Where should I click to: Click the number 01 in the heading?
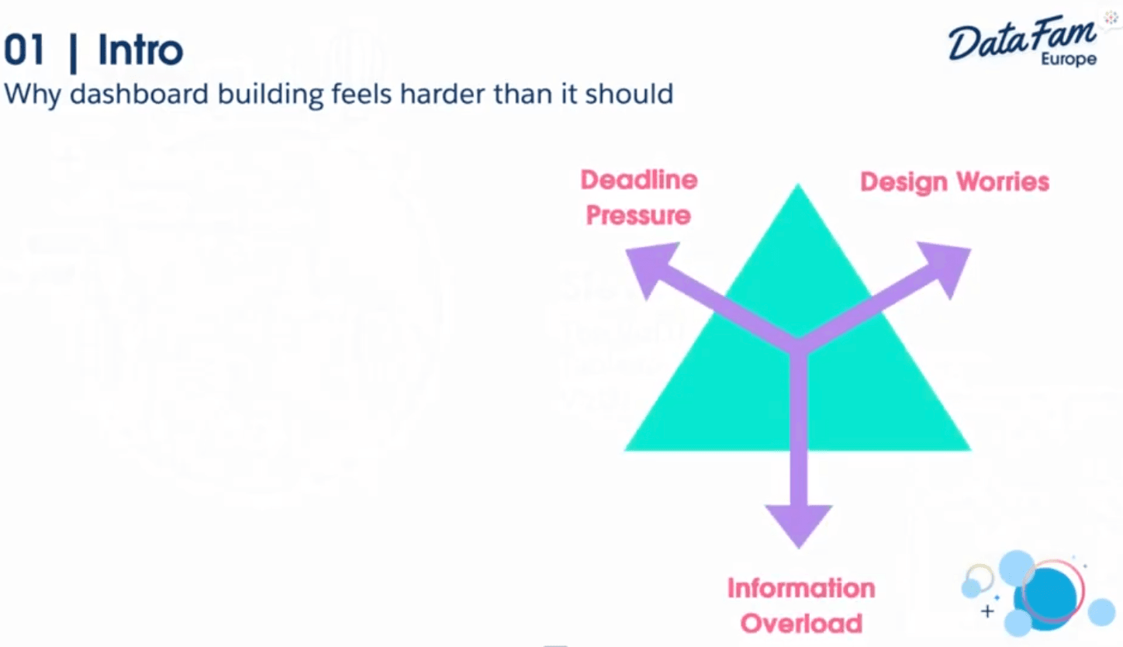pyautogui.click(x=24, y=51)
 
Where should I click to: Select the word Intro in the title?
pyautogui.click(x=140, y=51)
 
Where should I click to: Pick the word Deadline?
pyautogui.click(x=639, y=180)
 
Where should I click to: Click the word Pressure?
pyautogui.click(x=638, y=215)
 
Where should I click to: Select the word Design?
pyautogui.click(x=904, y=182)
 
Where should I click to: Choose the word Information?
pyautogui.click(x=801, y=588)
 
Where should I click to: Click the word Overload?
pyautogui.click(x=801, y=623)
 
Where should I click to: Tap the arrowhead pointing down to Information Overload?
pyautogui.click(x=799, y=524)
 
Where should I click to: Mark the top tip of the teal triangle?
pyautogui.click(x=797, y=187)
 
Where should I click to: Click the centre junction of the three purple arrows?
pyautogui.click(x=799, y=344)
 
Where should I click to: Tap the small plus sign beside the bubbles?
pyautogui.click(x=987, y=611)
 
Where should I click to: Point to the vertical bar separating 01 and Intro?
pyautogui.click(x=74, y=51)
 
